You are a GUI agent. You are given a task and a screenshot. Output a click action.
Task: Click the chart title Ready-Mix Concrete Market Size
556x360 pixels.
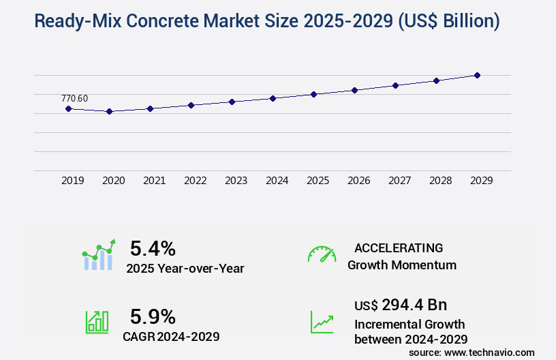(x=266, y=21)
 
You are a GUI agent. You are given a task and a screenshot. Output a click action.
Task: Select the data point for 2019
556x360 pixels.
(x=68, y=108)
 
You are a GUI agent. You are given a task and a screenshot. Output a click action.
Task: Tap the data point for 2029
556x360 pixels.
(x=477, y=75)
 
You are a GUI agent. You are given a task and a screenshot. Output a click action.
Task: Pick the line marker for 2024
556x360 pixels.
(x=273, y=98)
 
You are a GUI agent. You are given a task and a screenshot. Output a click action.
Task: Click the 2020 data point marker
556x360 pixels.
(x=109, y=111)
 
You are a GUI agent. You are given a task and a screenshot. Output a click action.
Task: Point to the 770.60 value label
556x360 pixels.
(x=74, y=98)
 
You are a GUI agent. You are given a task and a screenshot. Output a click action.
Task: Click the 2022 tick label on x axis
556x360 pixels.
(x=195, y=181)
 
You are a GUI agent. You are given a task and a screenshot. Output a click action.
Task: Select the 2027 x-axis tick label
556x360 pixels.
(x=399, y=181)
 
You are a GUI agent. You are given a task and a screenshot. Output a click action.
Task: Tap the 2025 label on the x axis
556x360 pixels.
(x=318, y=181)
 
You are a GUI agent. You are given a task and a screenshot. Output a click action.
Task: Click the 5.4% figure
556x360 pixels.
(x=153, y=247)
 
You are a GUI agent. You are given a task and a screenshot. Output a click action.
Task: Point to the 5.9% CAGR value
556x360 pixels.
(x=153, y=316)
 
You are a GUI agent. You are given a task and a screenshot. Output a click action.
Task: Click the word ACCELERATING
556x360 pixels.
(x=399, y=247)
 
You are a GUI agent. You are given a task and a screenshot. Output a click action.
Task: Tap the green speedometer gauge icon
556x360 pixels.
(x=322, y=254)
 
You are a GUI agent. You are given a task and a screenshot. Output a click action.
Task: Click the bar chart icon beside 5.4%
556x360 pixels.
(x=99, y=255)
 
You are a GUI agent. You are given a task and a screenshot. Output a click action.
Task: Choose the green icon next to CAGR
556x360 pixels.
(x=97, y=321)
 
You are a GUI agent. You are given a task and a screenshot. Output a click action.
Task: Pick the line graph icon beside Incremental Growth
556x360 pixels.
(x=322, y=321)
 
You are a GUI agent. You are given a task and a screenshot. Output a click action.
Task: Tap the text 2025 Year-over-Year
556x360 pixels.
(x=185, y=268)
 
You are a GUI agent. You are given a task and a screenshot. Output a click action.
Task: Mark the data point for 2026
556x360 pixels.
(x=354, y=90)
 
